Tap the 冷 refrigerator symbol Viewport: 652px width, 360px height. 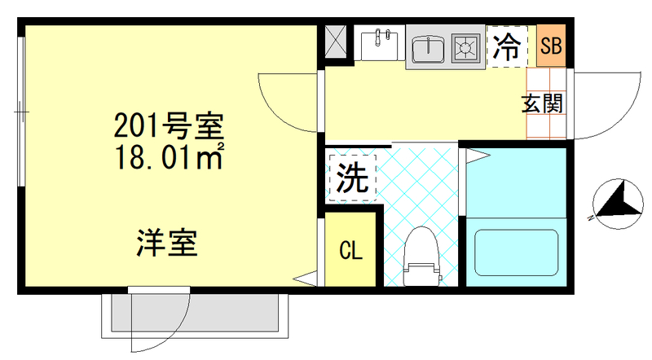coord(507,47)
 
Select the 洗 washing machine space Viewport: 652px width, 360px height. coord(351,176)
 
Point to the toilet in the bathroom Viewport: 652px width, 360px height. coord(422,256)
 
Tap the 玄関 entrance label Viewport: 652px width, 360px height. coord(542,104)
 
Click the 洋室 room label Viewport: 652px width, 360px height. coord(166,243)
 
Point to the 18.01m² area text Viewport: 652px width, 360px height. coord(168,155)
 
